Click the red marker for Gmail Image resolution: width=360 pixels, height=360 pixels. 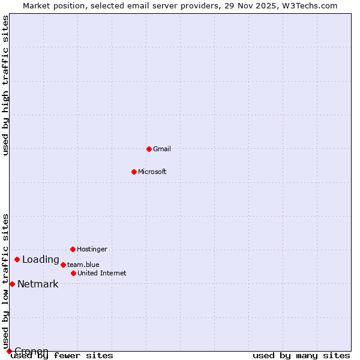pos(149,149)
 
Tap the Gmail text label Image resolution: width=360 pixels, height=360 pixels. pos(162,149)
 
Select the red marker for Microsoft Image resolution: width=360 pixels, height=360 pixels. pos(134,172)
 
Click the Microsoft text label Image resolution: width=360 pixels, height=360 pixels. pos(152,172)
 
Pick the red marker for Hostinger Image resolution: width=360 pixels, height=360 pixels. pos(73,249)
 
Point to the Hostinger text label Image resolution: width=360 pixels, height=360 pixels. pos(92,249)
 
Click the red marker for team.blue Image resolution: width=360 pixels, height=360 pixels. pos(63,265)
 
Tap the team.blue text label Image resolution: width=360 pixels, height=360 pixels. pos(83,265)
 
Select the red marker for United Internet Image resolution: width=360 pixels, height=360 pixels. pos(73,273)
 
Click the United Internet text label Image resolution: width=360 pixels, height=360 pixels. pos(102,273)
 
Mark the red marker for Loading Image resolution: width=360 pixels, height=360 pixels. pos(17,260)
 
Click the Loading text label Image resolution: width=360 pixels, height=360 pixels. pos(41,260)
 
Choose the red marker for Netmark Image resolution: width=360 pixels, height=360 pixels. pos(12,284)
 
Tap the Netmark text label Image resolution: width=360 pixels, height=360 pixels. pos(38,284)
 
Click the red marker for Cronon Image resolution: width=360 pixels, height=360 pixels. pos(9,351)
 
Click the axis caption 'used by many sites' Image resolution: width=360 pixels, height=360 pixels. pos(301,356)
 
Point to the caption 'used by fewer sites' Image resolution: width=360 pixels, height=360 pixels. pos(62,356)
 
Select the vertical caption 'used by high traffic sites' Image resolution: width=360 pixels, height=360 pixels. pos(6,85)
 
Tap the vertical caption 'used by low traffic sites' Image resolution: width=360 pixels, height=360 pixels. pos(6,281)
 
